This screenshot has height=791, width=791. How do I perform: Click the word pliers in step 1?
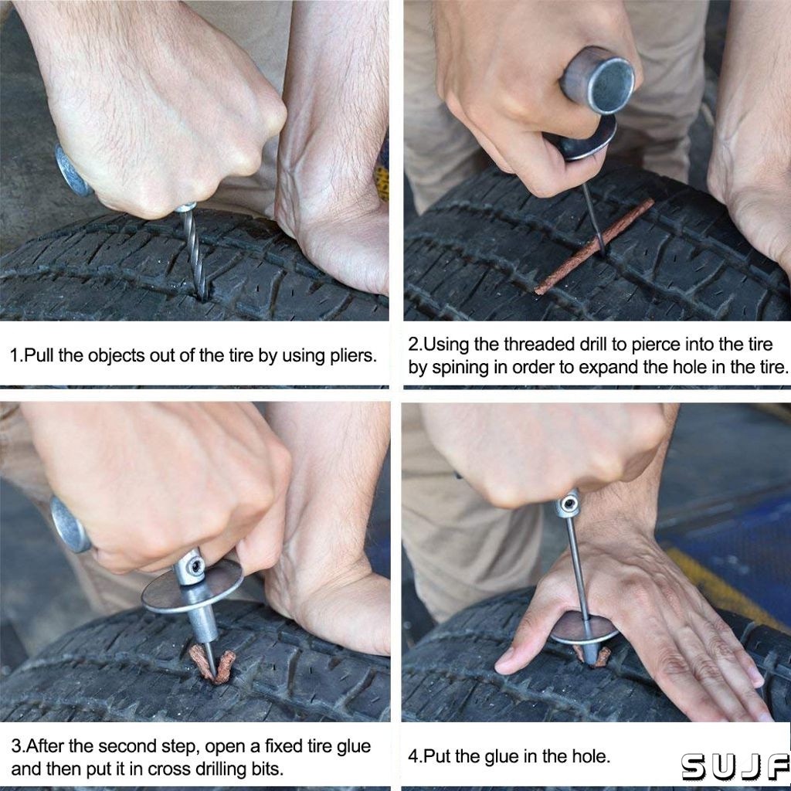353,355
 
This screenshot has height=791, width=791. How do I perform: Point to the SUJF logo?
735,767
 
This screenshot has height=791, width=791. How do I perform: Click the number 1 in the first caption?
14,355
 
